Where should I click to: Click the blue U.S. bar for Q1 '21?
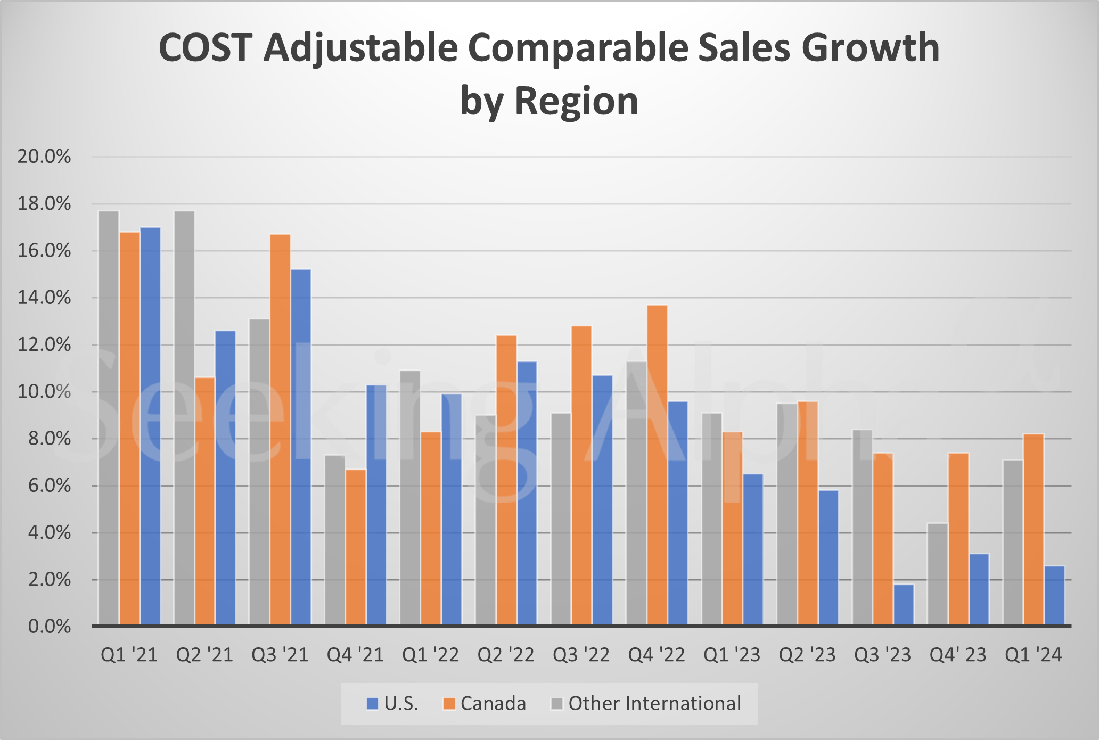coord(150,426)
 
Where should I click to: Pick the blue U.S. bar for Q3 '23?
coord(904,605)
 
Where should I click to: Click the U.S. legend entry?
coord(393,704)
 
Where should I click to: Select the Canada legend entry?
coord(485,704)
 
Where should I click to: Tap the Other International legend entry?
coord(646,704)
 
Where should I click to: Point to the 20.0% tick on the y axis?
coord(44,157)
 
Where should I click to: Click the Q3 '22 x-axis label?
coord(581,655)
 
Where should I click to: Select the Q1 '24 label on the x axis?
coord(1033,655)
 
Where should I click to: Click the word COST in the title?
coord(205,48)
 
